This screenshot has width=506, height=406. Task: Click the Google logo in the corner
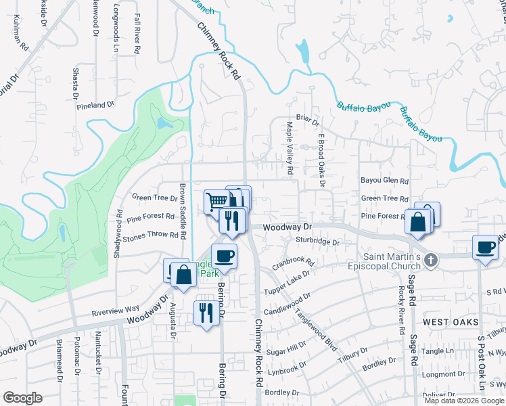pyautogui.click(x=22, y=398)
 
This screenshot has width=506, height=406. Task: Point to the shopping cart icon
pyautogui.click(x=216, y=201)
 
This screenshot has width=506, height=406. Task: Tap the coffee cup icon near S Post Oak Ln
pyautogui.click(x=485, y=248)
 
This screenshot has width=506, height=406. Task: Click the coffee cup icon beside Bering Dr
pyautogui.click(x=225, y=256)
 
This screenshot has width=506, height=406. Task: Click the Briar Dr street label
pyautogui.click(x=307, y=120)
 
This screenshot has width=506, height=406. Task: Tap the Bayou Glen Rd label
pyautogui.click(x=385, y=181)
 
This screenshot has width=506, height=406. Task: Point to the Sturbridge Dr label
pyautogui.click(x=317, y=241)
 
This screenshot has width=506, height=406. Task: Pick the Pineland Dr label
pyautogui.click(x=95, y=106)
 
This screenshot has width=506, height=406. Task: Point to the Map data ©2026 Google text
pyautogui.click(x=465, y=400)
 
